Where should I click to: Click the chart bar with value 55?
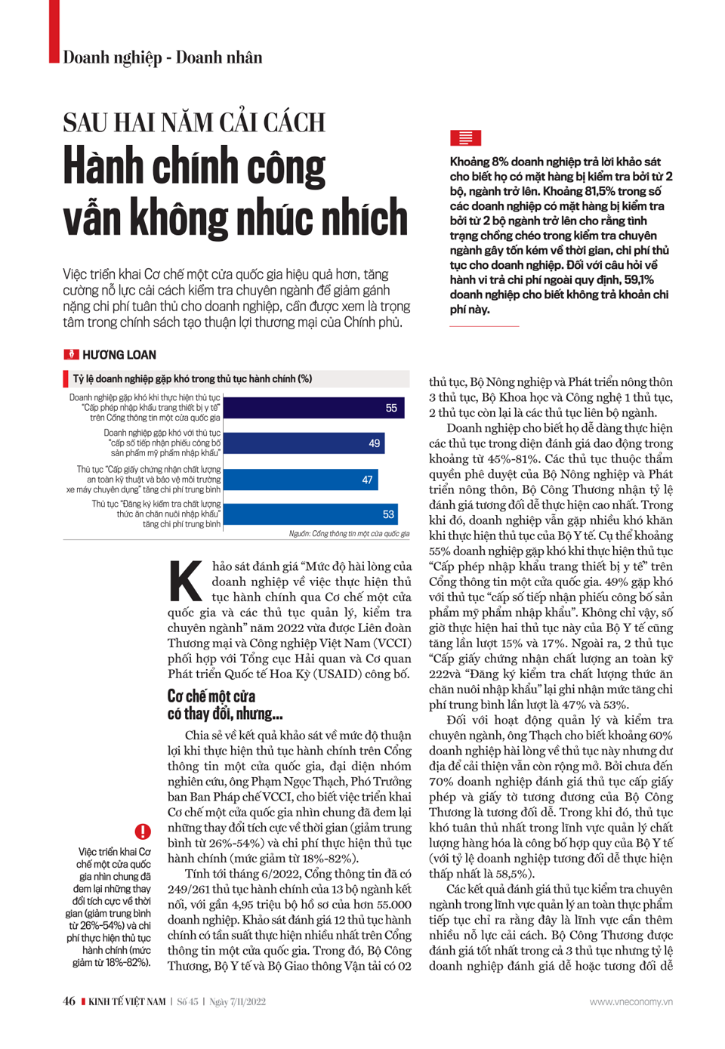(314, 408)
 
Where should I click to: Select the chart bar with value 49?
(304, 443)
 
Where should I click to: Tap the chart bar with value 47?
(301, 480)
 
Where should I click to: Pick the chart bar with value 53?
(310, 514)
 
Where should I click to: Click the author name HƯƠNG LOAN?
(119, 355)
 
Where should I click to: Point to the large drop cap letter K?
(186, 582)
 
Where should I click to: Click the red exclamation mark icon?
(143, 831)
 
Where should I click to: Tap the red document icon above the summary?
(465, 138)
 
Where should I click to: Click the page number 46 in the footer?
(69, 1001)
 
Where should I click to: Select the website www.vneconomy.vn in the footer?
(631, 1001)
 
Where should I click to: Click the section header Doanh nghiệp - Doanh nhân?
(162, 57)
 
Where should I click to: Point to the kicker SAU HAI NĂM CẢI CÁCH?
(194, 122)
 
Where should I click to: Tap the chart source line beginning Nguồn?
(349, 534)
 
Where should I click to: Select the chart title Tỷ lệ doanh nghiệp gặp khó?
(193, 379)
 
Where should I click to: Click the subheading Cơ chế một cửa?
(211, 696)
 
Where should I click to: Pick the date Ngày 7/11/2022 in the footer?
(237, 1001)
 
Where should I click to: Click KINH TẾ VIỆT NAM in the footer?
(127, 1001)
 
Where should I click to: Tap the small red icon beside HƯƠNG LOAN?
(71, 355)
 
